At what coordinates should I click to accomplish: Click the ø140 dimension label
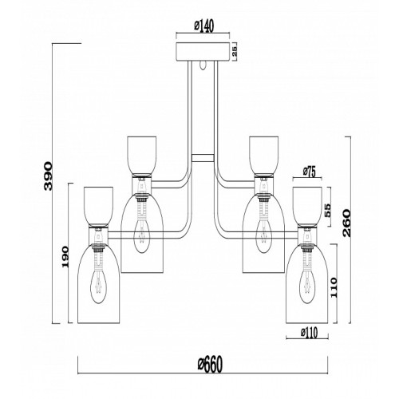point(204,26)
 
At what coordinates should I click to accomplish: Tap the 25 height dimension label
point(235,52)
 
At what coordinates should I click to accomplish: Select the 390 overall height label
point(48,176)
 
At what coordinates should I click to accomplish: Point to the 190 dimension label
point(65,257)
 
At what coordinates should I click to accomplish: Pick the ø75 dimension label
point(310,172)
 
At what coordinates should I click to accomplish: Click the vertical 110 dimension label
point(334,288)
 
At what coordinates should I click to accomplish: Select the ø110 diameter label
point(309,333)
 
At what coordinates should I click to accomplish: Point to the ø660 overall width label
point(210,365)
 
